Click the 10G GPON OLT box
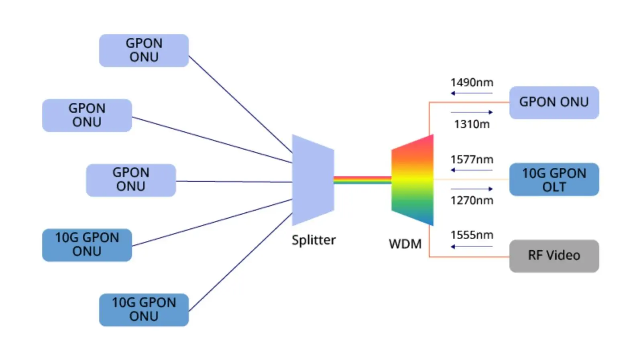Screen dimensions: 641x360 click(554, 179)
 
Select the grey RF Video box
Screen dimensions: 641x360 click(554, 256)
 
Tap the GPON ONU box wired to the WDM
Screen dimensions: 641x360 click(554, 102)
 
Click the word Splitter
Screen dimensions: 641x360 click(313, 240)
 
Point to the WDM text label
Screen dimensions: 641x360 click(405, 244)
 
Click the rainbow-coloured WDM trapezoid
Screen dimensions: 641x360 click(412, 180)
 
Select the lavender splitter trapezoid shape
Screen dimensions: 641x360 click(313, 180)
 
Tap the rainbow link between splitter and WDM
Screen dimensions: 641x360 click(362, 180)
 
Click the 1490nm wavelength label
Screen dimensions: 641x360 click(472, 83)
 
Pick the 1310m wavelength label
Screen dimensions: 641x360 click(472, 124)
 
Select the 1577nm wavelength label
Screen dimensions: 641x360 click(472, 160)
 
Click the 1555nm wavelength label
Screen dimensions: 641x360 click(472, 235)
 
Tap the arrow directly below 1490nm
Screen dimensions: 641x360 click(472, 93)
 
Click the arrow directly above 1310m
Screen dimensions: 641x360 click(472, 112)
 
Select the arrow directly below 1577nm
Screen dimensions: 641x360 click(472, 170)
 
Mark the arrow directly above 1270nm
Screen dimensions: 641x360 click(472, 189)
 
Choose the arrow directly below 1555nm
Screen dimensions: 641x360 click(472, 246)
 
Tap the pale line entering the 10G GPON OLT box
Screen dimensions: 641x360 click(471, 179)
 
